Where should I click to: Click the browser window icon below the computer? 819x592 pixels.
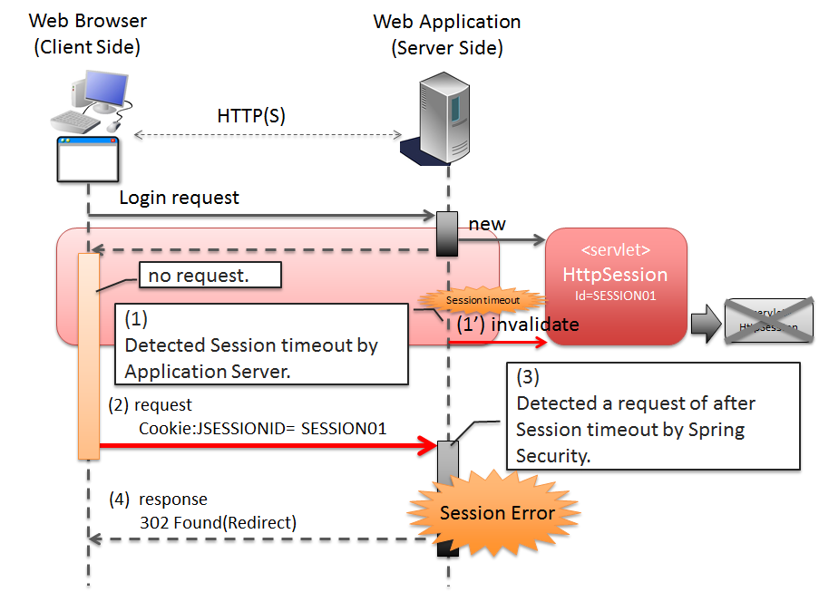point(88,160)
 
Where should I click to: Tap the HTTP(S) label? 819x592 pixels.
point(251,116)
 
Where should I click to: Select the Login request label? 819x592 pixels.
point(180,198)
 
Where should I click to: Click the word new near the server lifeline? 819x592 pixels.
point(487,224)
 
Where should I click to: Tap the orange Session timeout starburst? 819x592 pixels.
point(483,300)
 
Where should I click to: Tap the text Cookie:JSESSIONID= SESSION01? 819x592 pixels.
point(263,427)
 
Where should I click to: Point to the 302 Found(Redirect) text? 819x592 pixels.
point(219,522)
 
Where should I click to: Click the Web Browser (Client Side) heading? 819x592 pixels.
point(88,34)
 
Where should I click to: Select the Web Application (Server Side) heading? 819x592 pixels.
point(447,34)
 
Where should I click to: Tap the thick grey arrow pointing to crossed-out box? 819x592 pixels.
point(704,322)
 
